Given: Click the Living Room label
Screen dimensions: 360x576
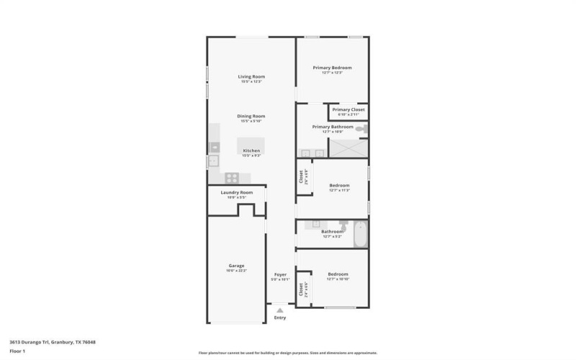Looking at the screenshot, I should tap(252, 76).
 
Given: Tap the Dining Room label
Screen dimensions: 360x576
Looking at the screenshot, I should tap(252, 116).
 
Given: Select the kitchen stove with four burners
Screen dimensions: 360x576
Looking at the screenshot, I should tap(232, 178).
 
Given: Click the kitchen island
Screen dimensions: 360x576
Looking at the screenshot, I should tap(251, 145).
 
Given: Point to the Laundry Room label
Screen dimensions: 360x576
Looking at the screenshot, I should tap(237, 192).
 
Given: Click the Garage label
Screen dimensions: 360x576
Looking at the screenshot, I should tap(237, 266).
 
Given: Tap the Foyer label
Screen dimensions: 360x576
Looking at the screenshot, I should tap(281, 274).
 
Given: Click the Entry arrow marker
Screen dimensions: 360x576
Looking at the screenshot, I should tap(280, 310).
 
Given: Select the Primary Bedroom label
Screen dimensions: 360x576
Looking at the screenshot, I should tap(332, 68).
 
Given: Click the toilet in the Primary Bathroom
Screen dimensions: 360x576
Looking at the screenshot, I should tap(362, 128).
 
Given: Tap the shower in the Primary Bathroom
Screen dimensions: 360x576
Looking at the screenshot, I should tap(348, 148).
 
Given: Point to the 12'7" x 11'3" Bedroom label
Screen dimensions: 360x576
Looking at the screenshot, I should tap(339, 185).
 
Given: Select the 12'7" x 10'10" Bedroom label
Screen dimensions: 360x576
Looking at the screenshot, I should tap(338, 274).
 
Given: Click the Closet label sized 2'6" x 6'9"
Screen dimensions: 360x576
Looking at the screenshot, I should tap(303, 176).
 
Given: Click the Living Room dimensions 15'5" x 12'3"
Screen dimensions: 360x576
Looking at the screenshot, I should tap(252, 81).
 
